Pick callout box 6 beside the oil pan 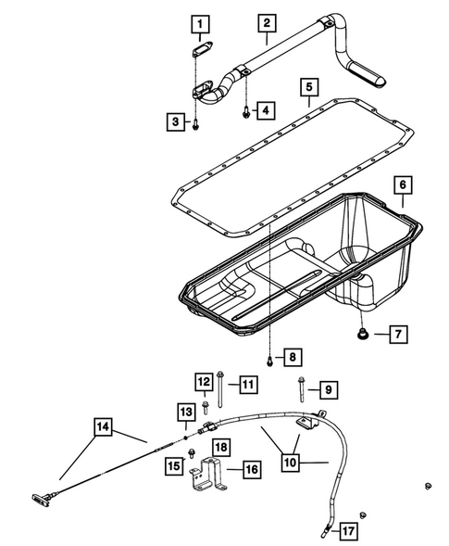403,185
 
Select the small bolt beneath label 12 205,404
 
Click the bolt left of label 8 268,356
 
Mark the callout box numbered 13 186,412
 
